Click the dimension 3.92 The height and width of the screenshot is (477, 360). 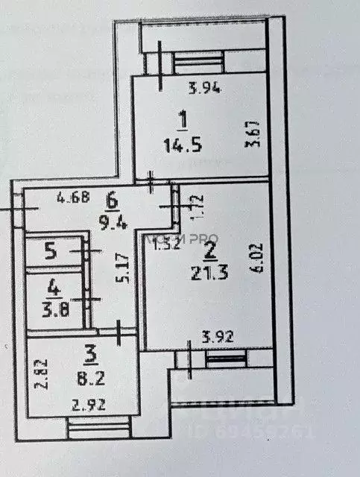[x=218, y=337]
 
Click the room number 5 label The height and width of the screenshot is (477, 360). [x=50, y=251]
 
